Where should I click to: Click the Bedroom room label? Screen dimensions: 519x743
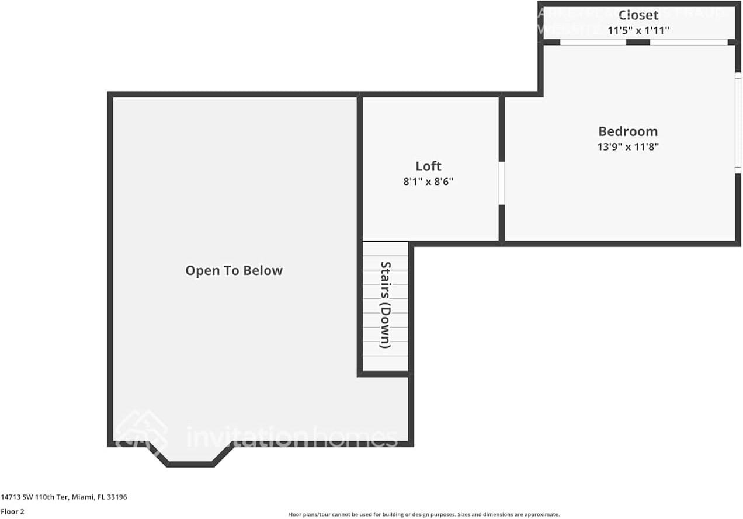tap(627, 131)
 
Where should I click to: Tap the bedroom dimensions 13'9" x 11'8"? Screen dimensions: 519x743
tap(627, 147)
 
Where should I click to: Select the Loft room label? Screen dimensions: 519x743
tap(428, 166)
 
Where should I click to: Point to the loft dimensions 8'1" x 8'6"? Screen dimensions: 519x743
tap(428, 182)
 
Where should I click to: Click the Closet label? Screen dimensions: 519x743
tap(638, 15)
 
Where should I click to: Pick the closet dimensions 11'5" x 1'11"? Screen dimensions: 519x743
tap(638, 30)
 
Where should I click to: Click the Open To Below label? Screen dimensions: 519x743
tap(234, 270)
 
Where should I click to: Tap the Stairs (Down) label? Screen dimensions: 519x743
tap(385, 305)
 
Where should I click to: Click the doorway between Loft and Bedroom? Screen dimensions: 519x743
tap(501, 183)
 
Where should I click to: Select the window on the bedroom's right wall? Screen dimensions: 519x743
tap(737, 123)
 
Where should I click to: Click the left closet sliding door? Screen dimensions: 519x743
tap(593, 42)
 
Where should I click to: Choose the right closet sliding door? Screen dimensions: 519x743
tap(689, 42)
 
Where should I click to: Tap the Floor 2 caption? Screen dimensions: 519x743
tap(12, 511)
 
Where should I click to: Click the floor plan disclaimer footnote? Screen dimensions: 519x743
tap(423, 514)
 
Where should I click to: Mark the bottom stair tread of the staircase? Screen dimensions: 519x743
tap(386, 363)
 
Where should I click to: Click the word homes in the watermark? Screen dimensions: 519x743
tap(353, 437)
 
